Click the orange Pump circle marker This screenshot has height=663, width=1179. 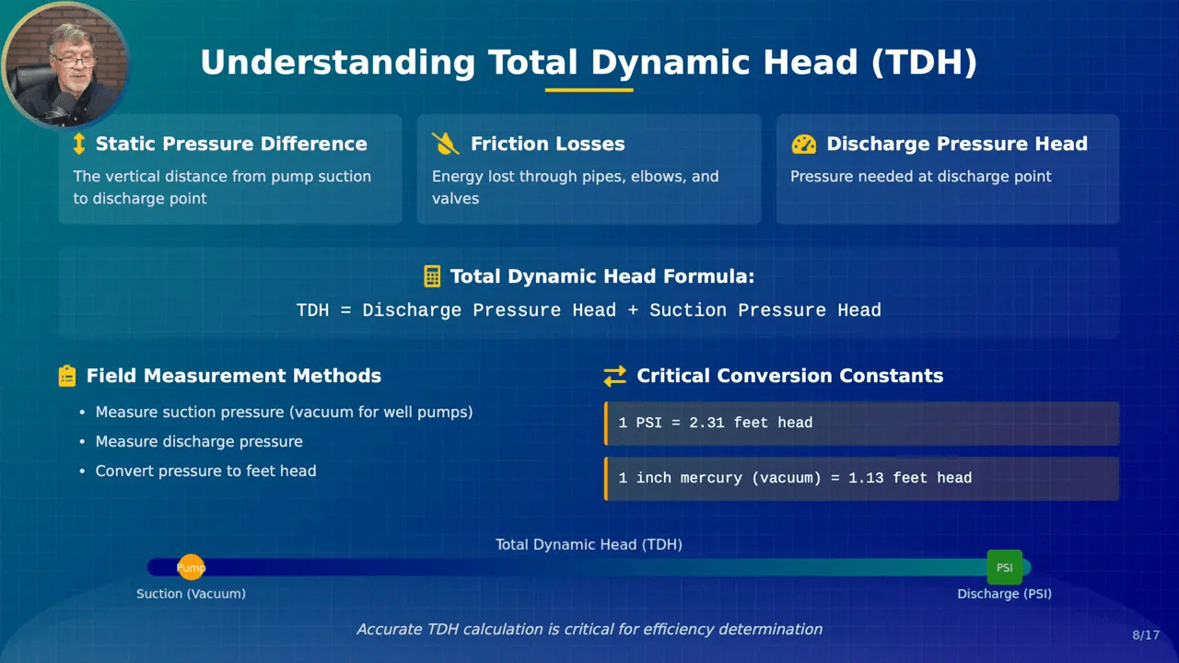(191, 567)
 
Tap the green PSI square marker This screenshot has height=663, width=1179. (1004, 567)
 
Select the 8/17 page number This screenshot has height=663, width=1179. (1145, 635)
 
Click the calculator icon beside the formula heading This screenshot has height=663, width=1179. (432, 276)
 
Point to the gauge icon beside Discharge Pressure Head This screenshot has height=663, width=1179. (804, 144)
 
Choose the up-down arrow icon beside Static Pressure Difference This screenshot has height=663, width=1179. (79, 144)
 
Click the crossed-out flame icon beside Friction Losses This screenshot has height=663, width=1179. (445, 144)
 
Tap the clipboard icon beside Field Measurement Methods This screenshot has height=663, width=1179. (67, 376)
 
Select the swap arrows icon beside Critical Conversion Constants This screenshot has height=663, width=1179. (614, 376)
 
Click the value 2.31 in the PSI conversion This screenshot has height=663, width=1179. (706, 423)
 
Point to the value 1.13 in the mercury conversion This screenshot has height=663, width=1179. (866, 478)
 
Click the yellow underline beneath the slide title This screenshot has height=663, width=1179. (589, 90)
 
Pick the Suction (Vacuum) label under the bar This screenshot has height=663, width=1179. (191, 594)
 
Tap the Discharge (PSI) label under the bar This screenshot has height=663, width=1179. (1004, 594)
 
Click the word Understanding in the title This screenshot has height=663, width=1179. (338, 63)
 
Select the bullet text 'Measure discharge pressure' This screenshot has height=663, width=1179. (199, 441)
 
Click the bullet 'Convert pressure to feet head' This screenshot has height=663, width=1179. (205, 471)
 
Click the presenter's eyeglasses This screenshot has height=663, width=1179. (74, 60)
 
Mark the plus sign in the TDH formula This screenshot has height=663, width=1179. (633, 310)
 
